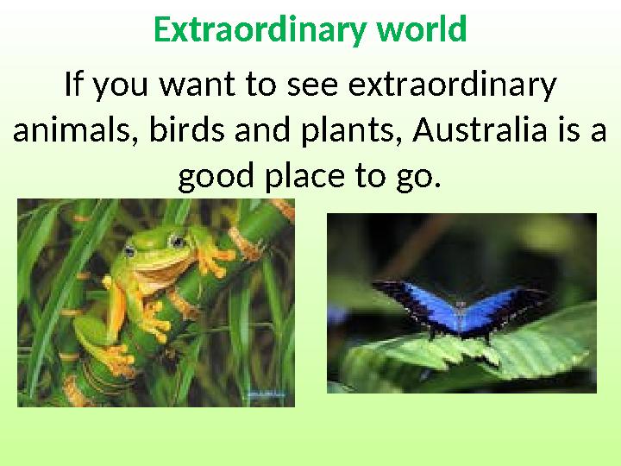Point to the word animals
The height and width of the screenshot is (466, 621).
point(77,132)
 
